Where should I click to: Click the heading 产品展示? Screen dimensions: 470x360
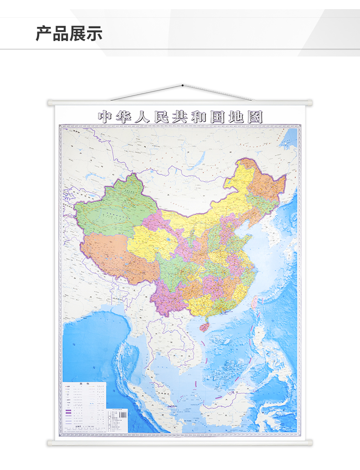pyautogui.click(x=69, y=34)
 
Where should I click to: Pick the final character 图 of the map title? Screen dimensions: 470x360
pyautogui.click(x=256, y=116)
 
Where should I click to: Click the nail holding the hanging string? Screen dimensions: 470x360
pyautogui.click(x=182, y=85)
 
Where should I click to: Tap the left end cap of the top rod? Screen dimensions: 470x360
pyautogui.click(x=50, y=103)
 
